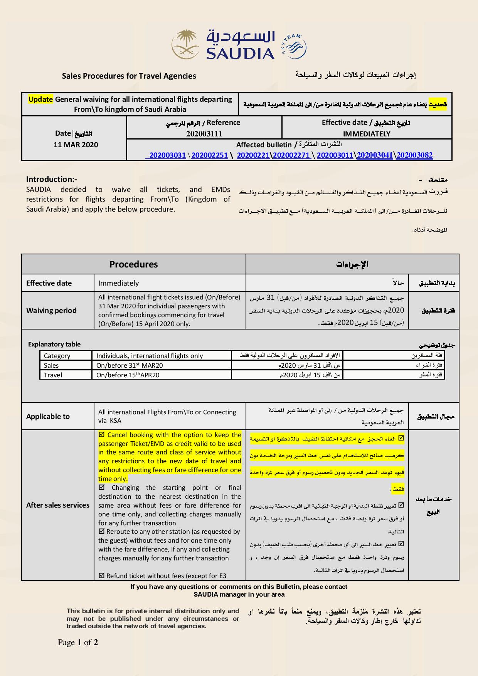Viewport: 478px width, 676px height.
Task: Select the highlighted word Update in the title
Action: pos(40,99)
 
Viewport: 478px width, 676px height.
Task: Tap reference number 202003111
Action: pos(204,134)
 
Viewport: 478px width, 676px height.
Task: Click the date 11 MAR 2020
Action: pos(76,145)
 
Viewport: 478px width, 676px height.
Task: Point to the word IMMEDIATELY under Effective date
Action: pos(366,134)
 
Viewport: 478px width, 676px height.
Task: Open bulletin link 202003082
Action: pos(414,155)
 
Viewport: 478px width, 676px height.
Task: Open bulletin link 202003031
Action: pos(167,155)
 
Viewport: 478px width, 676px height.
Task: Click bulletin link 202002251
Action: pos(209,155)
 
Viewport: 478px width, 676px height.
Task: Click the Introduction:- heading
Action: pos(52,179)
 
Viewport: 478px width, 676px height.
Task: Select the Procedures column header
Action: pos(133,264)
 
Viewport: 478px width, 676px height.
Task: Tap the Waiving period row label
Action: pos(51,310)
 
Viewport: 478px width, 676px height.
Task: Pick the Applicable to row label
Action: pos(48,416)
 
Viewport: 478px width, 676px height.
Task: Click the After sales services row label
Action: pos(57,505)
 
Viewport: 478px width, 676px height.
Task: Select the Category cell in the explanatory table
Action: pos(57,356)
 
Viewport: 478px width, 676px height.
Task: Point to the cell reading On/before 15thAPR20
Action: pos(128,375)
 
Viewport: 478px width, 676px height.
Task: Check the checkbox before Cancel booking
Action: pos(102,435)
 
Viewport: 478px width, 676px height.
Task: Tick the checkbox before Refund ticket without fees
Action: pos(102,576)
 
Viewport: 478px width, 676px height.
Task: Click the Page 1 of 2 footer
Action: pos(78,642)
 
